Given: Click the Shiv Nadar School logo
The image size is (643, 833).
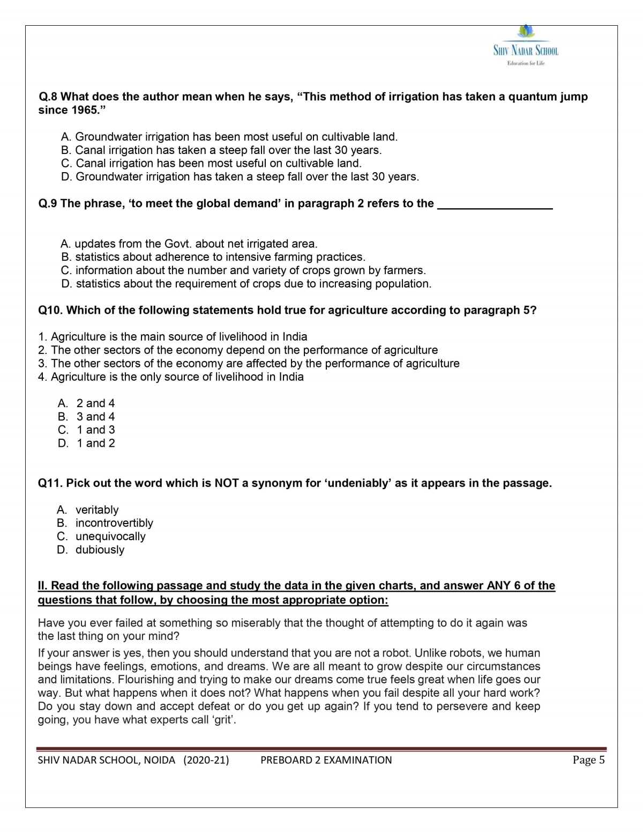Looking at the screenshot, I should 526,46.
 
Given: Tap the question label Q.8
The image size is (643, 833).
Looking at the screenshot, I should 48,97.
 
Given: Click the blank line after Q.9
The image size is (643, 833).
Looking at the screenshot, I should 495,204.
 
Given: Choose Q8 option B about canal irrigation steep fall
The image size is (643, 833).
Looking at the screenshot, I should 221,150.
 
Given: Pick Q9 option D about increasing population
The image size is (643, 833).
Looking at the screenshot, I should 246,284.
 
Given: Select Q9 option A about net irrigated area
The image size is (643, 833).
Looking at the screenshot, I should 189,244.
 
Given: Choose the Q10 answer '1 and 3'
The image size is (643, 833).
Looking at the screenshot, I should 95,430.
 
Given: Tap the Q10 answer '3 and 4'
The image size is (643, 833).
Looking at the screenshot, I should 95,417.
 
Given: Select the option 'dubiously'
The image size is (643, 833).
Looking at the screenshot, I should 100,550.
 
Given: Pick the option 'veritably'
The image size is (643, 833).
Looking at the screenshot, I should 97,510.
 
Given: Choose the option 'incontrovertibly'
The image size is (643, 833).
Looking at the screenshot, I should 114,523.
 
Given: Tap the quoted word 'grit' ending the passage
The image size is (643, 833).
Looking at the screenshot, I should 225,720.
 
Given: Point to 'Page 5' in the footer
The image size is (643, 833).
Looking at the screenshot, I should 588,760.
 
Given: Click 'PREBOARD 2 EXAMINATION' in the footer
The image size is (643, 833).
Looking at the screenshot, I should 326,760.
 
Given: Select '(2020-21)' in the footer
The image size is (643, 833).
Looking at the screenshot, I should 206,760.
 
